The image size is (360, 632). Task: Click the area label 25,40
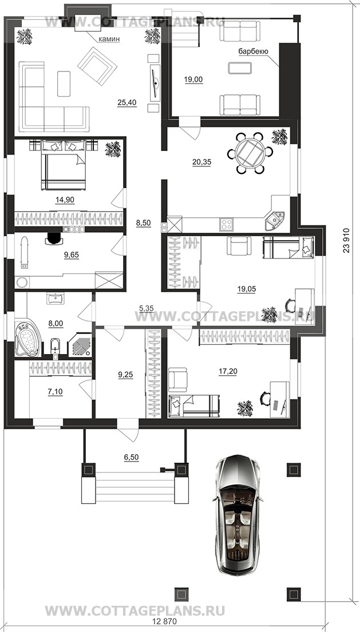click(x=127, y=103)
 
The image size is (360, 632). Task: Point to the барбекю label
click(x=254, y=51)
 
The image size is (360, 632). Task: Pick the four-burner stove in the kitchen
click(x=226, y=225)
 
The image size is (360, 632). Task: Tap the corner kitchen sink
click(x=275, y=220)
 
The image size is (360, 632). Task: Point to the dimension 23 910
click(x=347, y=241)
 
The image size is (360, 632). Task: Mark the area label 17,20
click(x=228, y=371)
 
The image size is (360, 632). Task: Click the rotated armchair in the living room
click(x=97, y=66)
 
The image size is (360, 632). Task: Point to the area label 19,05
click(x=247, y=289)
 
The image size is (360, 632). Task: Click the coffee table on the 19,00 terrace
click(x=240, y=68)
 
